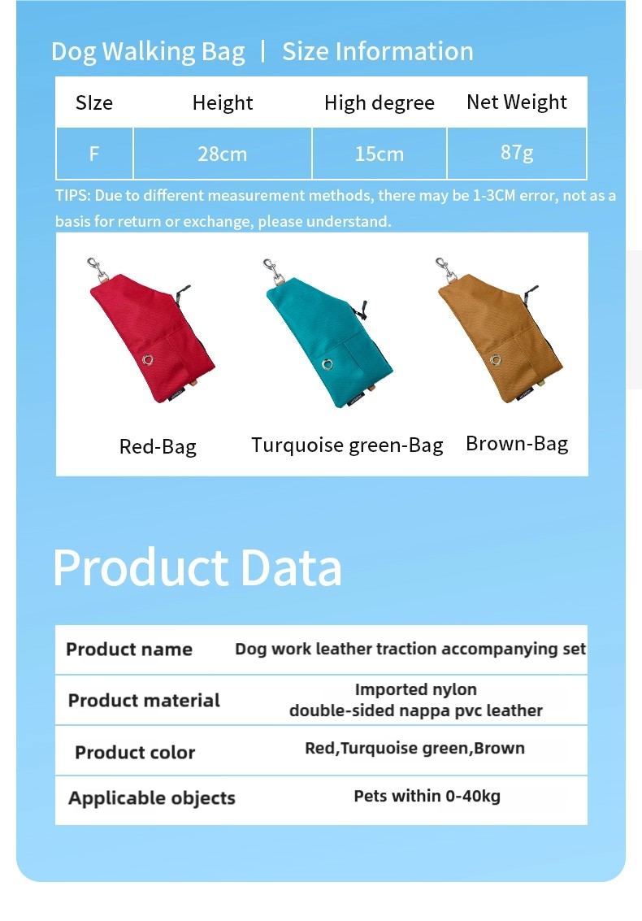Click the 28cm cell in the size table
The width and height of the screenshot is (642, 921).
(222, 154)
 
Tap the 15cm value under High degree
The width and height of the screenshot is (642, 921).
(380, 154)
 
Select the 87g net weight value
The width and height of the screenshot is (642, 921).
(517, 153)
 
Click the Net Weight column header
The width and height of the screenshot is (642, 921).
(517, 102)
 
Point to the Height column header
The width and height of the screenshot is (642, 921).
(223, 102)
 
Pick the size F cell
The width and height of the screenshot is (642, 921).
(94, 154)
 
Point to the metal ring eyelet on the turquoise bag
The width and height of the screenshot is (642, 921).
(328, 365)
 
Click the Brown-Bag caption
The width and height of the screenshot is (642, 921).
(517, 444)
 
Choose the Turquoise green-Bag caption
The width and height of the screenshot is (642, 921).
(347, 445)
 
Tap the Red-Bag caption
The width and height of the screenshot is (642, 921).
(158, 446)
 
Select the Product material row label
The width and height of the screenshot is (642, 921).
(144, 700)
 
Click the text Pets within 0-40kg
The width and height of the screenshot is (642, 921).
(427, 796)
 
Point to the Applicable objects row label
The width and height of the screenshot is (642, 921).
(151, 797)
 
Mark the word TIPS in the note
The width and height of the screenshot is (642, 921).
(72, 196)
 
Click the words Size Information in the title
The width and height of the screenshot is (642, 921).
(378, 51)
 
